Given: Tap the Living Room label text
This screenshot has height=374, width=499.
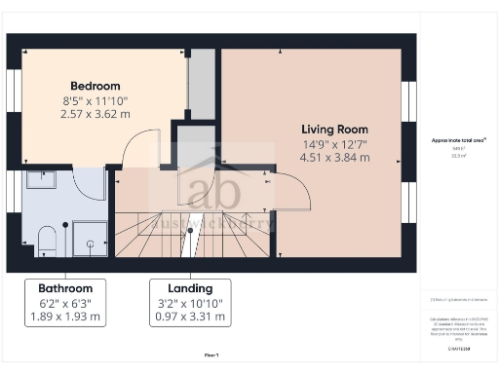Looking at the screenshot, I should pyautogui.click(x=335, y=130).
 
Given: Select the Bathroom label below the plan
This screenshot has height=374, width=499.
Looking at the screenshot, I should pyautogui.click(x=65, y=288).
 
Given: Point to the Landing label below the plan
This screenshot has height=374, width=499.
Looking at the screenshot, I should pyautogui.click(x=190, y=288).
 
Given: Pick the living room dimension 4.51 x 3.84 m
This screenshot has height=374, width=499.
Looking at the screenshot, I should pyautogui.click(x=335, y=157).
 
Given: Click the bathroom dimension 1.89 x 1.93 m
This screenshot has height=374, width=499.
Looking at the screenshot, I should pyautogui.click(x=65, y=317).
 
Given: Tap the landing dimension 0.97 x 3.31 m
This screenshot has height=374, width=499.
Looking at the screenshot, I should pyautogui.click(x=190, y=317).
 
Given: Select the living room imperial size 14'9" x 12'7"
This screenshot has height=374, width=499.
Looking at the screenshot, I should pyautogui.click(x=335, y=143).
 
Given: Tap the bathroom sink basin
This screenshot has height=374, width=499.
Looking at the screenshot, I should pyautogui.click(x=43, y=179).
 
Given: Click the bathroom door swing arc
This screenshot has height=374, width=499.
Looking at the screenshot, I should pyautogui.click(x=91, y=184).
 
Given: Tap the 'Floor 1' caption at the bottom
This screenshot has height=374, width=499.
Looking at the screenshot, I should pyautogui.click(x=211, y=355).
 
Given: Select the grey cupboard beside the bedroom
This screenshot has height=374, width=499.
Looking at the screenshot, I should pyautogui.click(x=201, y=86).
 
